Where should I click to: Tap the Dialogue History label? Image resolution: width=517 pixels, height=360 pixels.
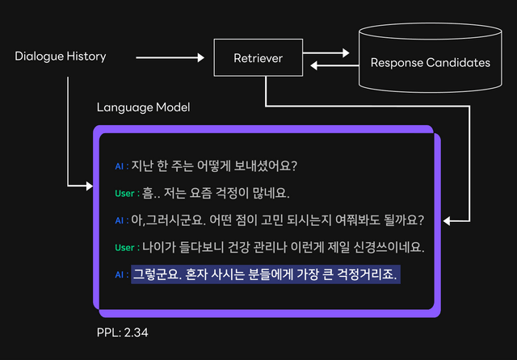pos(61,57)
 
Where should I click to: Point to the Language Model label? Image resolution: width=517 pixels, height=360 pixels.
pos(143,107)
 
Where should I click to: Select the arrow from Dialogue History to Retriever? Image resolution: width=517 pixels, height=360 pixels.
pos(170,58)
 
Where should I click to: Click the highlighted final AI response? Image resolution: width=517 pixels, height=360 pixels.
pos(267,274)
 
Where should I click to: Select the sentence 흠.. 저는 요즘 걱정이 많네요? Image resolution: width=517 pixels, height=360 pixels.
pos(216,194)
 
